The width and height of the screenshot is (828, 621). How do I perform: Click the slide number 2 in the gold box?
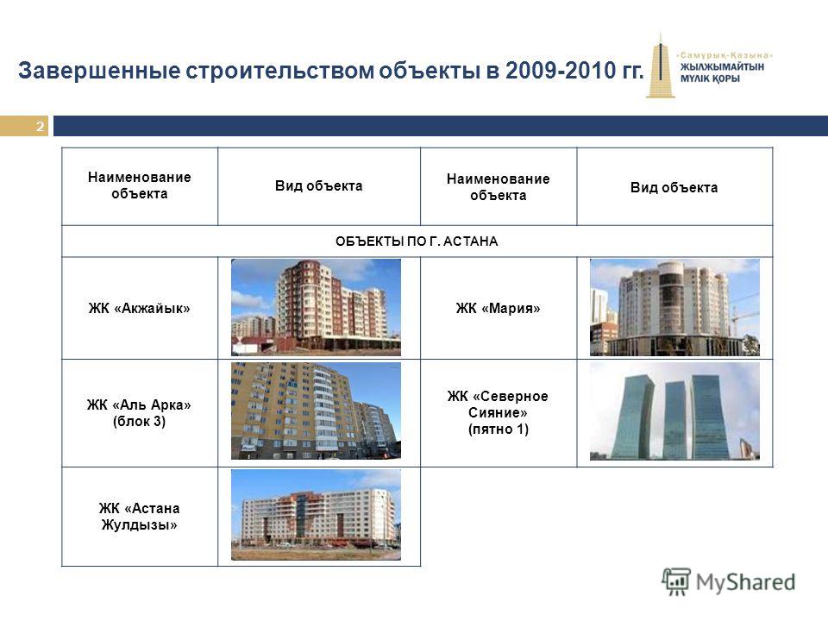41,126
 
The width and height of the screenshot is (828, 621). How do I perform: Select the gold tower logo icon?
660,66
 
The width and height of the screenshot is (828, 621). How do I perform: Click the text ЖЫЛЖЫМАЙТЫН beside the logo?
722,67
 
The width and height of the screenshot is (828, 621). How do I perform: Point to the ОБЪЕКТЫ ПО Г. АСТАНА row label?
417,241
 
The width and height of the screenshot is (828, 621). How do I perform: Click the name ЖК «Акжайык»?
140,308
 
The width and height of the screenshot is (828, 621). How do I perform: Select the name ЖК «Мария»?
498,308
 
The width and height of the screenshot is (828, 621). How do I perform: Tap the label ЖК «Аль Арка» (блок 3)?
140,413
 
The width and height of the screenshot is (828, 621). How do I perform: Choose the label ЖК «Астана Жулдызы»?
140,517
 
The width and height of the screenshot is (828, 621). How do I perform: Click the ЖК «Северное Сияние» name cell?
498,412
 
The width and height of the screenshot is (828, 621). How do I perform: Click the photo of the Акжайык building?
316,307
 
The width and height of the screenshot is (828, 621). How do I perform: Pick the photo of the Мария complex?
674,307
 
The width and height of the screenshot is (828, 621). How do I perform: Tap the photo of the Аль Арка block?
316,411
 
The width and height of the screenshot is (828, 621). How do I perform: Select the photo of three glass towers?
674,411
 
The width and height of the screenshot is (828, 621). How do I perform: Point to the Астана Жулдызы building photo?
316,515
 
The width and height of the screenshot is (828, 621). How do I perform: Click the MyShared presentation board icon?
676,581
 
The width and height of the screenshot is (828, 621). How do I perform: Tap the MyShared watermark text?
745,582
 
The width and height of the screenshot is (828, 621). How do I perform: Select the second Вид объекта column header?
674,187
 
